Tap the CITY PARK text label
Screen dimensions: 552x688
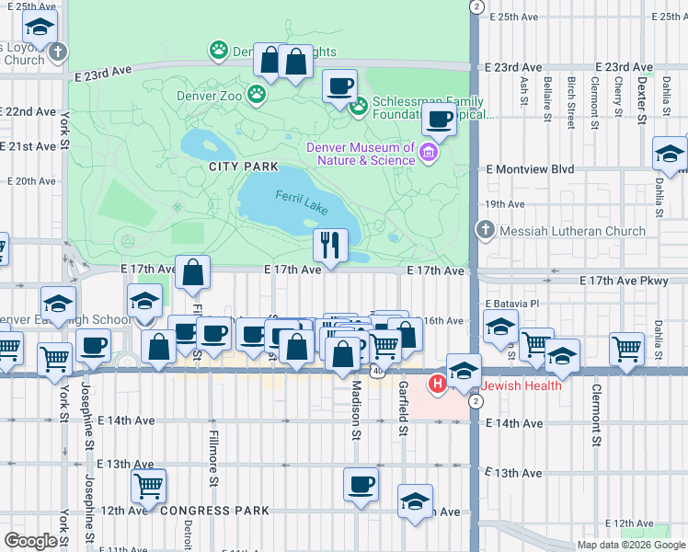click(243, 167)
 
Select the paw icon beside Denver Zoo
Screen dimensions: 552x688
click(257, 94)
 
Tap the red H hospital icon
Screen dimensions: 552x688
click(438, 385)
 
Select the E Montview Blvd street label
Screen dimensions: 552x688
click(529, 169)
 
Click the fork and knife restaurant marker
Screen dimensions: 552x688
click(328, 245)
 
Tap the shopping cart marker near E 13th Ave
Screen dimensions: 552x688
click(147, 484)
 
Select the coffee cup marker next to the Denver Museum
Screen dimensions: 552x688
click(439, 120)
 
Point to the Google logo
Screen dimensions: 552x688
click(30, 541)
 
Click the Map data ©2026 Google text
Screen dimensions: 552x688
click(630, 545)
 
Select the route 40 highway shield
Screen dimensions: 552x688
click(378, 370)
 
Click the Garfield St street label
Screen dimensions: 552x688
click(402, 408)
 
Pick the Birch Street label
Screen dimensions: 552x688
click(571, 98)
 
